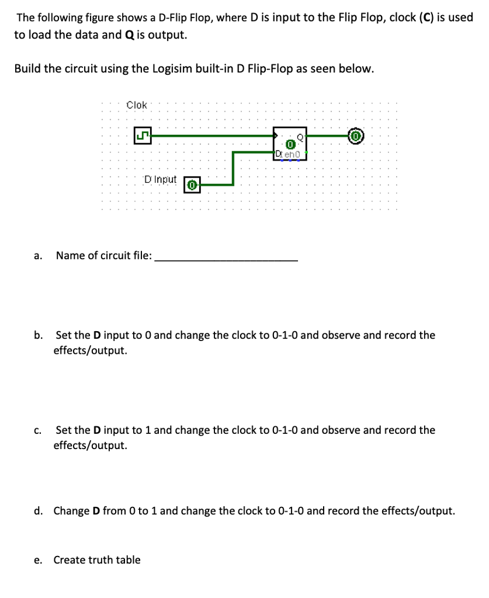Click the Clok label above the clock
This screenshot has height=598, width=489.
click(x=137, y=105)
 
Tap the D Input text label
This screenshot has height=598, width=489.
click(x=160, y=179)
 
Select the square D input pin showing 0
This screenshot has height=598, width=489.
click(x=193, y=185)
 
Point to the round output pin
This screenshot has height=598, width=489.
click(x=356, y=137)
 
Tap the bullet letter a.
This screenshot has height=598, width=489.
click(x=37, y=256)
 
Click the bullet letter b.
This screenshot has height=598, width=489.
click(x=38, y=335)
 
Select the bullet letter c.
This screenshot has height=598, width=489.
click(x=37, y=430)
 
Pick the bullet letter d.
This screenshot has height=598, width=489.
click(x=38, y=511)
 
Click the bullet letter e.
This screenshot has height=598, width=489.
click(x=38, y=560)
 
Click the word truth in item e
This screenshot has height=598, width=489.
click(x=102, y=560)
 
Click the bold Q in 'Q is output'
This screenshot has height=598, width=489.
click(x=129, y=34)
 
